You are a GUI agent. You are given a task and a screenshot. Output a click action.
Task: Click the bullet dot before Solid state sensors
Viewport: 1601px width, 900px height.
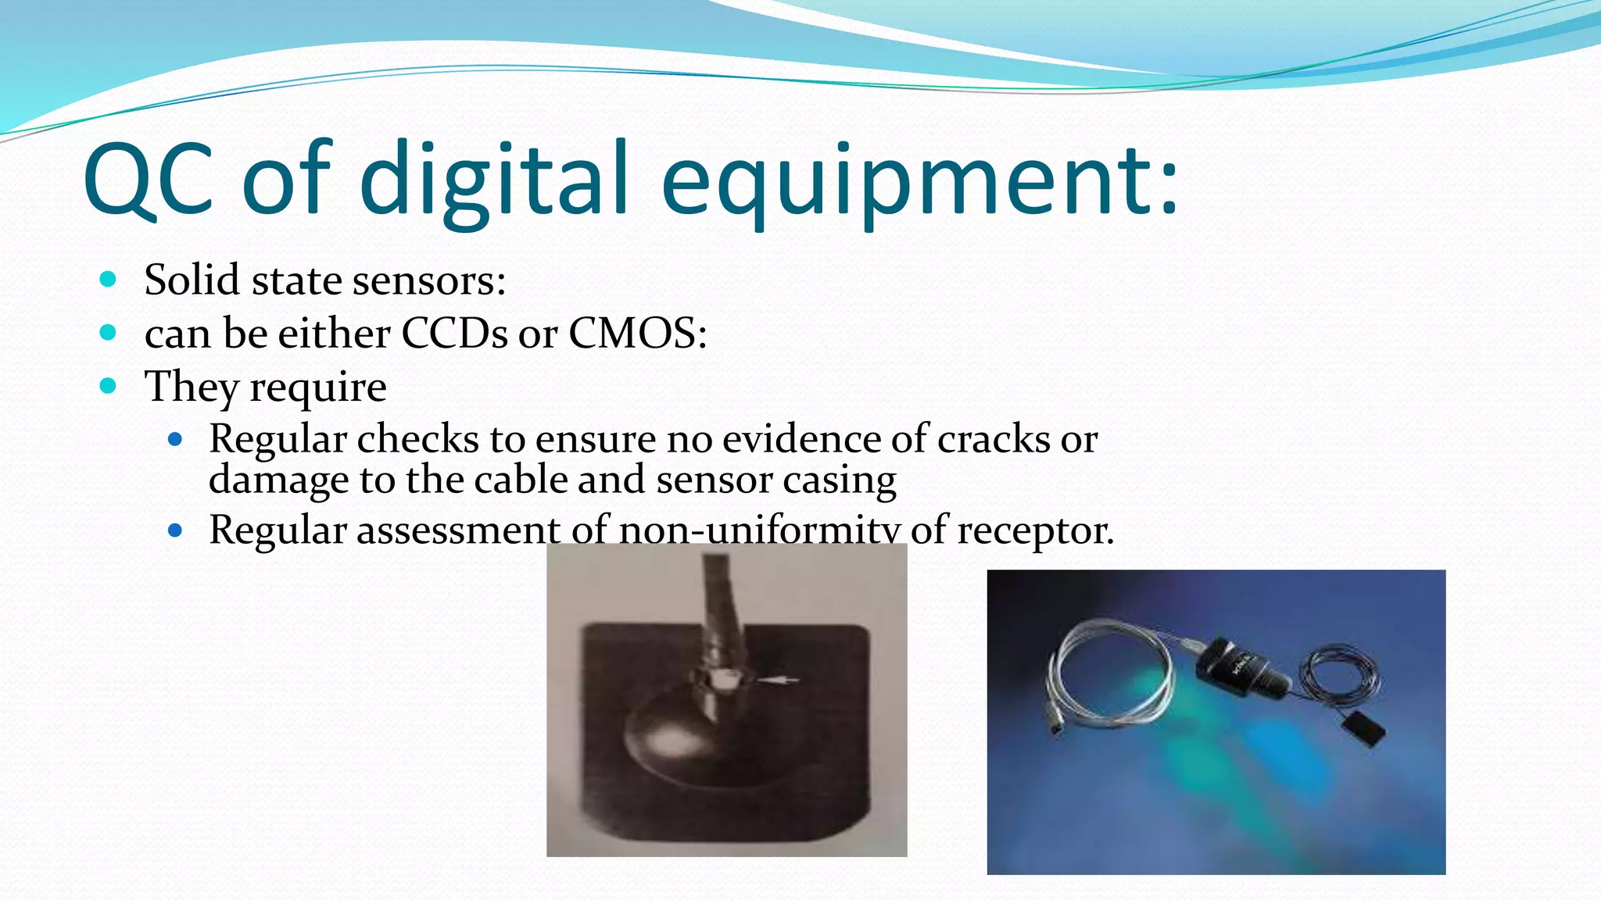tap(109, 280)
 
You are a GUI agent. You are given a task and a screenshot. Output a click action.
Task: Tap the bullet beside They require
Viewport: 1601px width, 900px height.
tap(109, 386)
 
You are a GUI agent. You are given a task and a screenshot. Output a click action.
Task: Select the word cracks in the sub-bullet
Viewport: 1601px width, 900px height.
tap(994, 439)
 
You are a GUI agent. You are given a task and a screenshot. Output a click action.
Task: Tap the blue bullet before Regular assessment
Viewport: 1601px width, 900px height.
tap(175, 531)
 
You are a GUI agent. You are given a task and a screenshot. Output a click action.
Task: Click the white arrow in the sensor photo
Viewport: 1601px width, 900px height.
tap(777, 680)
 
